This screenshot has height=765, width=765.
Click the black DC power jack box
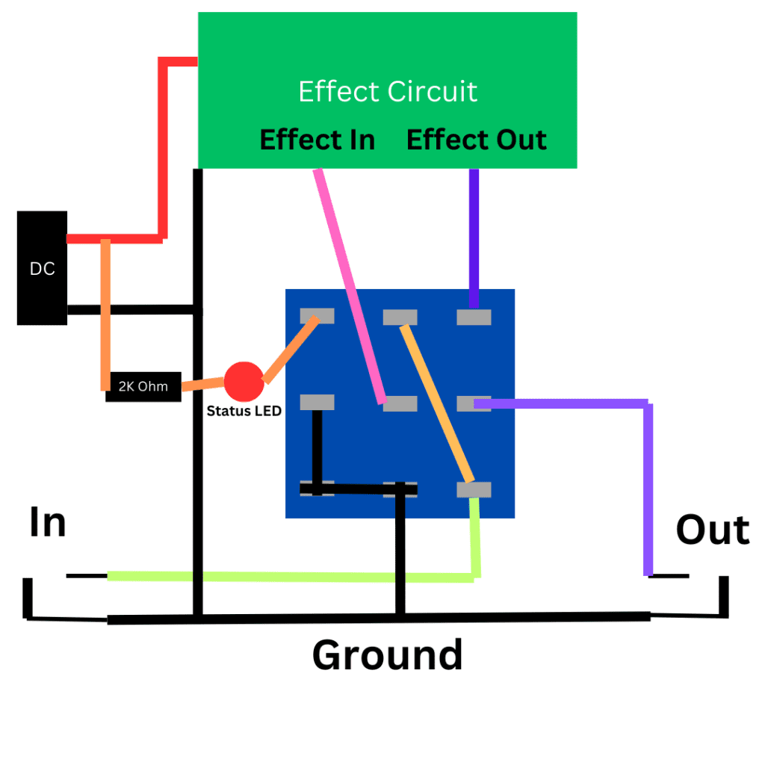click(42, 268)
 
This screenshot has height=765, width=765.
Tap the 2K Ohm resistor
click(143, 387)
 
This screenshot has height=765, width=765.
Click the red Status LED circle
click(244, 381)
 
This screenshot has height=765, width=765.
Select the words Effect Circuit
click(388, 91)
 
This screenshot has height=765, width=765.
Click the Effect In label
click(317, 140)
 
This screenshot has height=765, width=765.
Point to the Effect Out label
click(476, 140)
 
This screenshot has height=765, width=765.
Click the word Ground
click(387, 654)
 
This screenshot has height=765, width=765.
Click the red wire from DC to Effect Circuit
click(162, 149)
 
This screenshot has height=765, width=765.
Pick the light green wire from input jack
click(291, 577)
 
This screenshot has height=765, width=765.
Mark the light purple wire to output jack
click(648, 486)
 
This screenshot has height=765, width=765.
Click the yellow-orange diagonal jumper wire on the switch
click(437, 403)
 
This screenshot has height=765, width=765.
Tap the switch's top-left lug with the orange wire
click(317, 316)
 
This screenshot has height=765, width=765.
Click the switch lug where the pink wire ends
click(400, 403)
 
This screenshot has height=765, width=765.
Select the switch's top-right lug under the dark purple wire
click(474, 318)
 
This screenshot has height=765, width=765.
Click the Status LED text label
click(244, 410)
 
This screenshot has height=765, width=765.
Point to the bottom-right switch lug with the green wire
click(474, 489)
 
